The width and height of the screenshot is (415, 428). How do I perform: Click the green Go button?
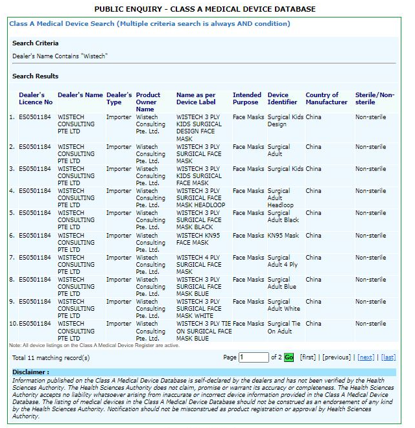pos(289,357)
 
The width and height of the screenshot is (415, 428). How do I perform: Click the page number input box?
pos(253,357)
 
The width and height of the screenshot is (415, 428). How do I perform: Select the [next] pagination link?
pos(366,357)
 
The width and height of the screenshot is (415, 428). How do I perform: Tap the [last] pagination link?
pos(388,357)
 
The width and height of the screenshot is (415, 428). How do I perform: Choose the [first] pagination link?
pos(307,357)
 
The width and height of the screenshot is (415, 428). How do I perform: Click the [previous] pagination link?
pos(337,357)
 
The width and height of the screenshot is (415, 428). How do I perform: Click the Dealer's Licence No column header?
pos(36,98)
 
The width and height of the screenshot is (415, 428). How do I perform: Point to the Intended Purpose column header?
pos(247,98)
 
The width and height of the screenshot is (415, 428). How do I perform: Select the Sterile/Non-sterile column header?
pos(374,98)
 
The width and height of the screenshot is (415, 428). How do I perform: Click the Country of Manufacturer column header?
pos(326,98)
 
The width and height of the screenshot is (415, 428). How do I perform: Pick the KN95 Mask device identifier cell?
pos(283,236)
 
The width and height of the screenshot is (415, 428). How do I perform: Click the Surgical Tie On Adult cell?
pos(284,327)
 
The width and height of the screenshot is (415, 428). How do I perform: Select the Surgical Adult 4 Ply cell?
pos(283,261)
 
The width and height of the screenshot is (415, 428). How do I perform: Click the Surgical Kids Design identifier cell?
pos(285,120)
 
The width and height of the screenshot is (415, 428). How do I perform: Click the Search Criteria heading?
pos(35,43)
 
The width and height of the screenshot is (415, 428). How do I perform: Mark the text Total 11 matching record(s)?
pos(51,357)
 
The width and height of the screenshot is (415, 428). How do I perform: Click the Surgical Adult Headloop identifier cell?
pos(280,198)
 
